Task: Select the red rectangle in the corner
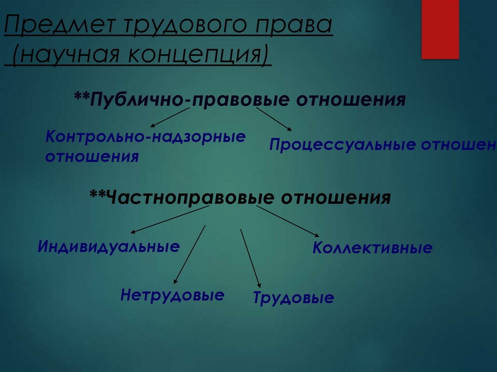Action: (440, 29)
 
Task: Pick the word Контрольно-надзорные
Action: (145, 136)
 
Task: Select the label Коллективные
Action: (372, 248)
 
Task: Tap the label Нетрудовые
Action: (172, 295)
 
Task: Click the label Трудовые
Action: (293, 297)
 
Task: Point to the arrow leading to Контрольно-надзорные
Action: (169, 118)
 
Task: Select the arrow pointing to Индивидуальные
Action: (170, 219)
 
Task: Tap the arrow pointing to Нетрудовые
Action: (189, 254)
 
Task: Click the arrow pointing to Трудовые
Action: (250, 259)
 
